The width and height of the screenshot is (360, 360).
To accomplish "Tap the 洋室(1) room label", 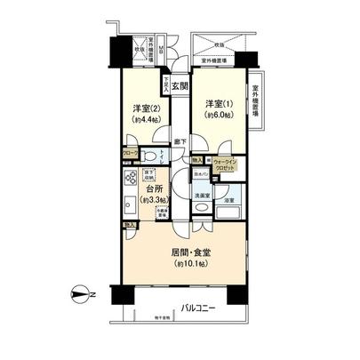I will [213, 104].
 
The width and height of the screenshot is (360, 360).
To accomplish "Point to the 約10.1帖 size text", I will [190, 264].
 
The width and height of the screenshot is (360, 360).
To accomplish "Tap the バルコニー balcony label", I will [198, 309].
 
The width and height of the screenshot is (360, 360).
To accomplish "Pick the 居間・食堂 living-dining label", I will [191, 252].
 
